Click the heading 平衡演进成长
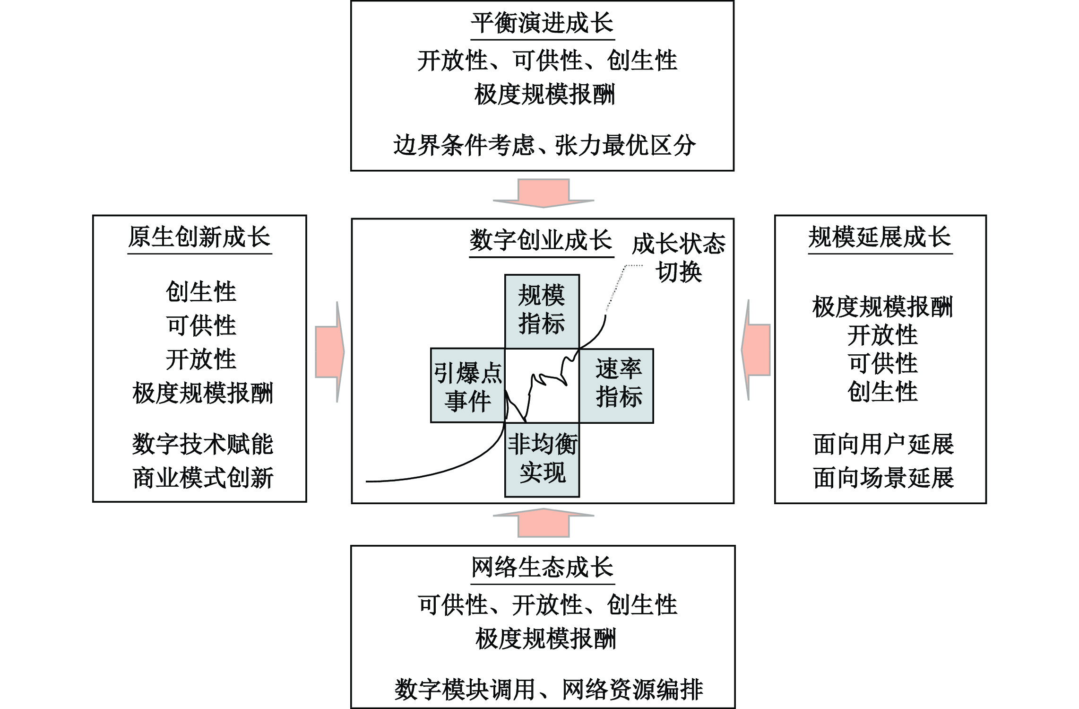click(x=542, y=23)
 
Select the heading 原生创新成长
click(x=199, y=237)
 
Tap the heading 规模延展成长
click(x=880, y=237)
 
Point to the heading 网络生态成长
click(x=542, y=567)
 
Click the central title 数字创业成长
click(x=541, y=240)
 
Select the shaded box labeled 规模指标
click(x=542, y=312)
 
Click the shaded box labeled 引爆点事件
click(x=468, y=385)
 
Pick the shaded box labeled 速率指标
click(x=616, y=385)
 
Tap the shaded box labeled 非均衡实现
click(x=542, y=460)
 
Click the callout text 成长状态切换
click(x=679, y=258)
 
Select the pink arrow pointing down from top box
click(x=544, y=193)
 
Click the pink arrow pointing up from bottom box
click(x=544, y=523)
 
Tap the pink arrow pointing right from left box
click(x=330, y=352)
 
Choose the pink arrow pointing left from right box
click(x=756, y=350)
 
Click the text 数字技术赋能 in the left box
click(x=203, y=444)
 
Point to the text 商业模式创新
click(x=203, y=478)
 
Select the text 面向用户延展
click(x=883, y=444)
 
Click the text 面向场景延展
click(x=883, y=478)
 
